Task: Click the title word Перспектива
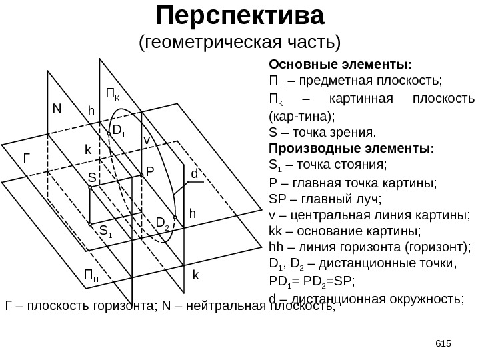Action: (240, 14)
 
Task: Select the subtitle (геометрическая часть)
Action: (239, 43)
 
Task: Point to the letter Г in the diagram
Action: (27, 159)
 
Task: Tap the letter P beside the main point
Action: (150, 171)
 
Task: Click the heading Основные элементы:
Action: (339, 65)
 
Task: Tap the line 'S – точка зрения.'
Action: (322, 131)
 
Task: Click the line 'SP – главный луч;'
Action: (316, 198)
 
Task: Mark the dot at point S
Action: (90, 189)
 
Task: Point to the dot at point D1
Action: (109, 133)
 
